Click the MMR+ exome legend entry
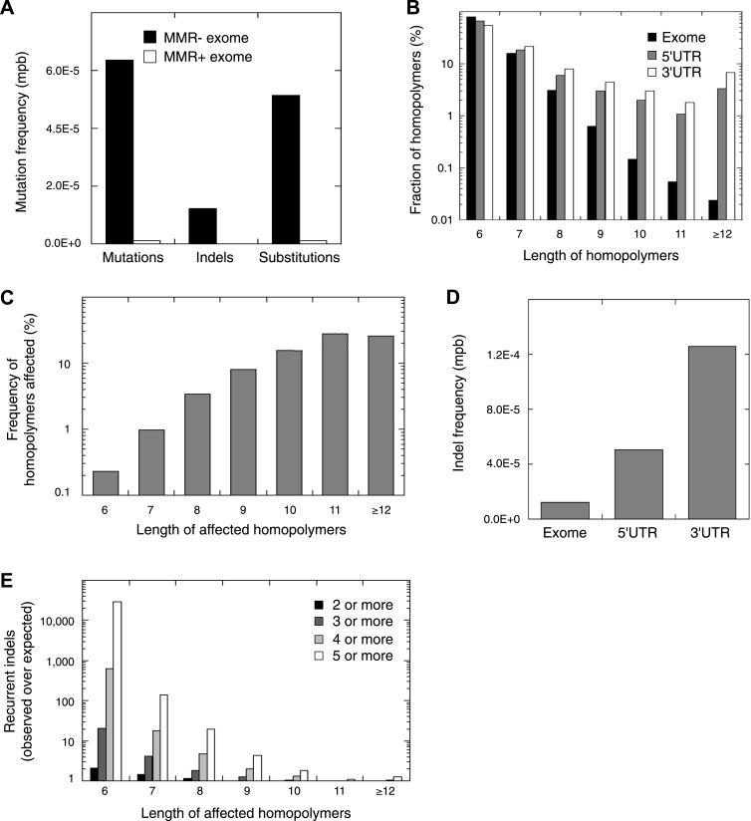[203, 57]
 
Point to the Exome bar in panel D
[565, 509]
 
